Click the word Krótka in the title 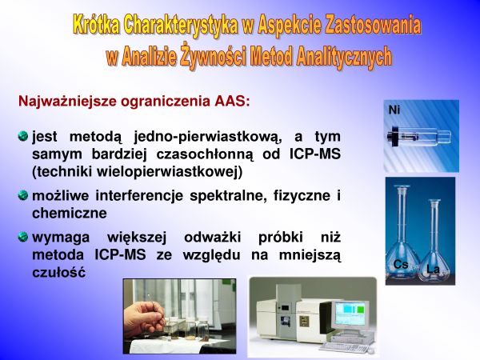[96, 26]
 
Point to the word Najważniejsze [68, 102]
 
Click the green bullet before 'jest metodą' [23, 136]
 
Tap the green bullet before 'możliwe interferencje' [23, 195]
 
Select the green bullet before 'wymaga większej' [23, 237]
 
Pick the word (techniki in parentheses [62, 172]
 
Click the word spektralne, [226, 196]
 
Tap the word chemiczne [70, 213]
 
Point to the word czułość [58, 273]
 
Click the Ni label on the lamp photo [394, 110]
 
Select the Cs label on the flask [401, 264]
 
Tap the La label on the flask [433, 270]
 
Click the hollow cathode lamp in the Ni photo [418, 136]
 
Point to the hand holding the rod [145, 318]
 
